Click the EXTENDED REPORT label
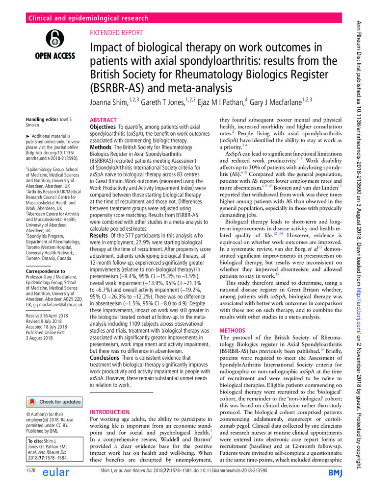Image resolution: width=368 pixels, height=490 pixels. click(116, 33)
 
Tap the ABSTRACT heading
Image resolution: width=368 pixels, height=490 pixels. click(103, 120)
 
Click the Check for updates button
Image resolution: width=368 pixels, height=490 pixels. click(55, 388)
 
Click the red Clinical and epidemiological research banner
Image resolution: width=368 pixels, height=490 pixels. click(89, 19)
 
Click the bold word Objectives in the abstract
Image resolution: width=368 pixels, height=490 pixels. click(105, 127)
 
